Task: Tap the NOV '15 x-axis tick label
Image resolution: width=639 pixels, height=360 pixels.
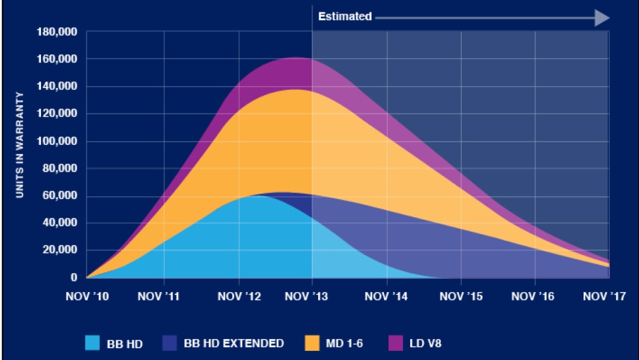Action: click(x=461, y=295)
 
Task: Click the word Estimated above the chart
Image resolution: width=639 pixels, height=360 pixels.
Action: click(x=344, y=16)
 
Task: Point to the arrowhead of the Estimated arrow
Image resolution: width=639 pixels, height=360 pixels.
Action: click(x=601, y=17)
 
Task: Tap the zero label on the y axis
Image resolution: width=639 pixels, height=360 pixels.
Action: click(x=74, y=278)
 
